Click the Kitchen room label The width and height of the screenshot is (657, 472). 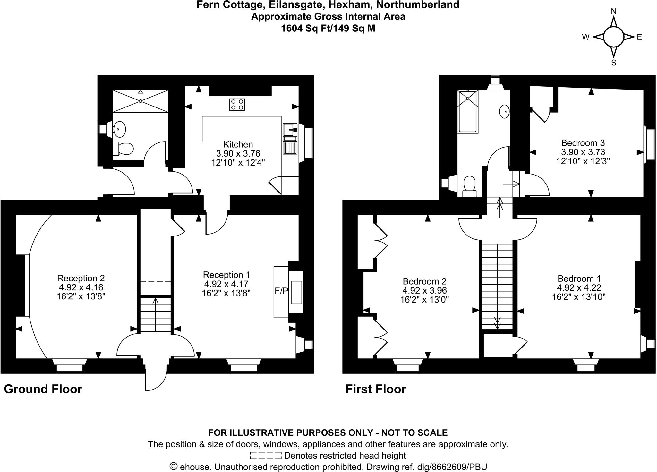[238, 144]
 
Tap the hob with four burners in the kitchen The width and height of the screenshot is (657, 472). [237, 105]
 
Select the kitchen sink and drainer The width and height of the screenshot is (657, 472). [290, 139]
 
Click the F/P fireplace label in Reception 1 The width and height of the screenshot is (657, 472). [281, 291]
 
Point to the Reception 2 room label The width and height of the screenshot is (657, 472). [81, 278]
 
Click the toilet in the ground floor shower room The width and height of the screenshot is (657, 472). [124, 149]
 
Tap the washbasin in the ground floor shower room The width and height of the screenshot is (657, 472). [119, 129]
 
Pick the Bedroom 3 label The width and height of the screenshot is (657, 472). [583, 143]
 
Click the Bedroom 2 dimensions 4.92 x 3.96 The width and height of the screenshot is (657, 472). [424, 290]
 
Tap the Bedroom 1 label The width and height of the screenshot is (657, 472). [579, 279]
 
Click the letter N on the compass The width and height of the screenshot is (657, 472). [613, 12]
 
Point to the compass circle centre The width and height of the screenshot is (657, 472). [613, 37]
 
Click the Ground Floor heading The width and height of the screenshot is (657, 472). [43, 389]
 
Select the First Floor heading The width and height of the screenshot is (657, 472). [376, 389]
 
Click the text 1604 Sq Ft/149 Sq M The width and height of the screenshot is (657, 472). [328, 29]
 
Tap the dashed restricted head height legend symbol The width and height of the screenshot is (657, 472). [265, 455]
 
